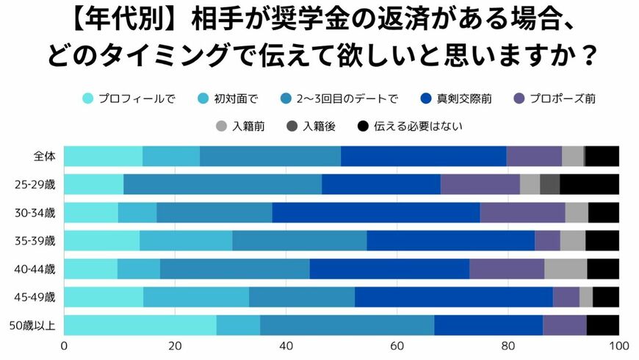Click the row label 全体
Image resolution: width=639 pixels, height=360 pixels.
point(44,156)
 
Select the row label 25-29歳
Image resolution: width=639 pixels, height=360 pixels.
point(38,184)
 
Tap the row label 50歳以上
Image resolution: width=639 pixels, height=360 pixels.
point(38,325)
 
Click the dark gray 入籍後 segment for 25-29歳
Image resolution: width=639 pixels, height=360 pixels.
point(549,184)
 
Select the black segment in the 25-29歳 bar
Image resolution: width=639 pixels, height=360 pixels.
point(589,184)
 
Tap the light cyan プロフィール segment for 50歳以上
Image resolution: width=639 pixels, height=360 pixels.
point(140,325)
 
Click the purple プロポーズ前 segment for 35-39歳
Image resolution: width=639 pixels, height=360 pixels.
point(547,240)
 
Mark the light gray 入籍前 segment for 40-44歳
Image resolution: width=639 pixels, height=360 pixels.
point(566,269)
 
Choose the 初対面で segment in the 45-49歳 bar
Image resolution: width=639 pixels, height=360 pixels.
point(196,297)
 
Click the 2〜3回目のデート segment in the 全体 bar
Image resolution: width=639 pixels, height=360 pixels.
point(270,156)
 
